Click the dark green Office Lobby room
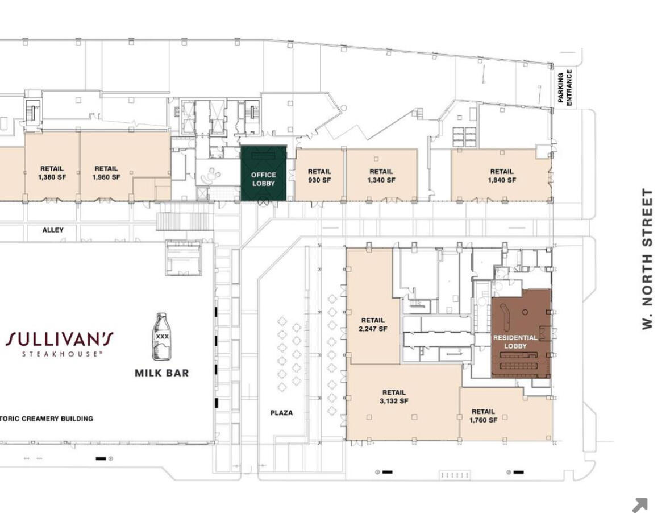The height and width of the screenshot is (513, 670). [264, 173]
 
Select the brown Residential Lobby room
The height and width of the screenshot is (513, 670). [521, 333]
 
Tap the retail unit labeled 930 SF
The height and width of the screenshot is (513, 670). [319, 175]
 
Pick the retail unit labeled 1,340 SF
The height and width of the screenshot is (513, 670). [381, 175]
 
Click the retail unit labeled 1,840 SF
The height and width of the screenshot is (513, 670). [501, 175]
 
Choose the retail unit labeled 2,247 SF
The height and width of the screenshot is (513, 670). [373, 308]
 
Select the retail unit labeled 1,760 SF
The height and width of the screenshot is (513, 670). [506, 414]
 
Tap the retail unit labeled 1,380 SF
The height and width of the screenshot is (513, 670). [52, 166]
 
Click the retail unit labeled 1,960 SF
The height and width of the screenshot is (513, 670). [125, 166]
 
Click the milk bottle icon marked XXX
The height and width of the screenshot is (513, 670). [161, 336]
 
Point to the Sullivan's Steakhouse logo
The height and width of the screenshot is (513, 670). [60, 344]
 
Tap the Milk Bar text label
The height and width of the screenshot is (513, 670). [161, 373]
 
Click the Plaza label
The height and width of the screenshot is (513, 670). [282, 413]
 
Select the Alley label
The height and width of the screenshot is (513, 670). [53, 230]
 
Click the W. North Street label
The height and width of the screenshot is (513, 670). [648, 259]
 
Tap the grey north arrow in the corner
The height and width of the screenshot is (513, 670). [640, 505]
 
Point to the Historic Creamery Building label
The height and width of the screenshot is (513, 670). [47, 419]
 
